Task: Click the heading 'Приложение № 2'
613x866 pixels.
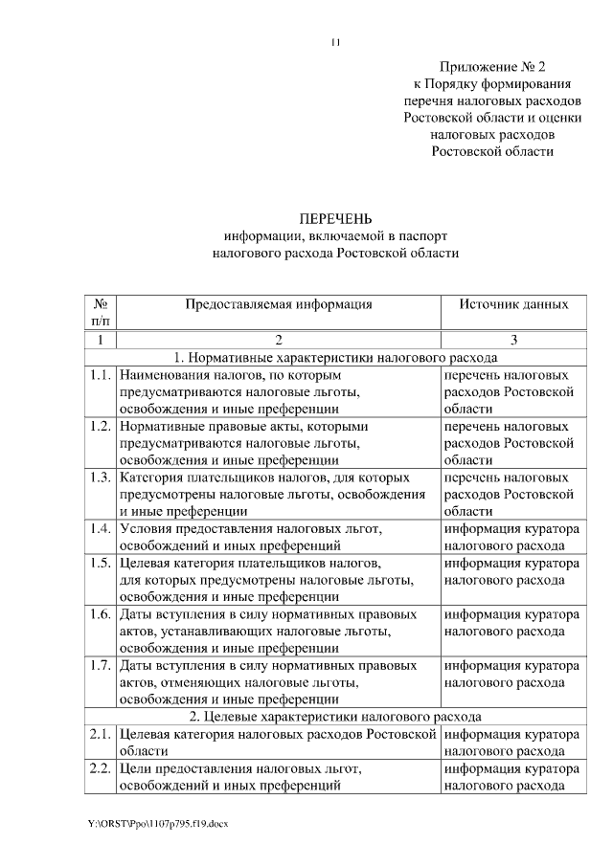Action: click(x=491, y=66)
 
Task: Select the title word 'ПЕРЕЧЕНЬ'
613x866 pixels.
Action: click(x=335, y=218)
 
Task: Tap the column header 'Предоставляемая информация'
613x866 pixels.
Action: click(x=278, y=304)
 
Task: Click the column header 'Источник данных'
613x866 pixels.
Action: click(x=513, y=304)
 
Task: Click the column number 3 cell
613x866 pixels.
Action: click(x=513, y=340)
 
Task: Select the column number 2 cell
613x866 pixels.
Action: click(x=278, y=340)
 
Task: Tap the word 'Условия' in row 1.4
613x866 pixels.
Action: click(x=147, y=529)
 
